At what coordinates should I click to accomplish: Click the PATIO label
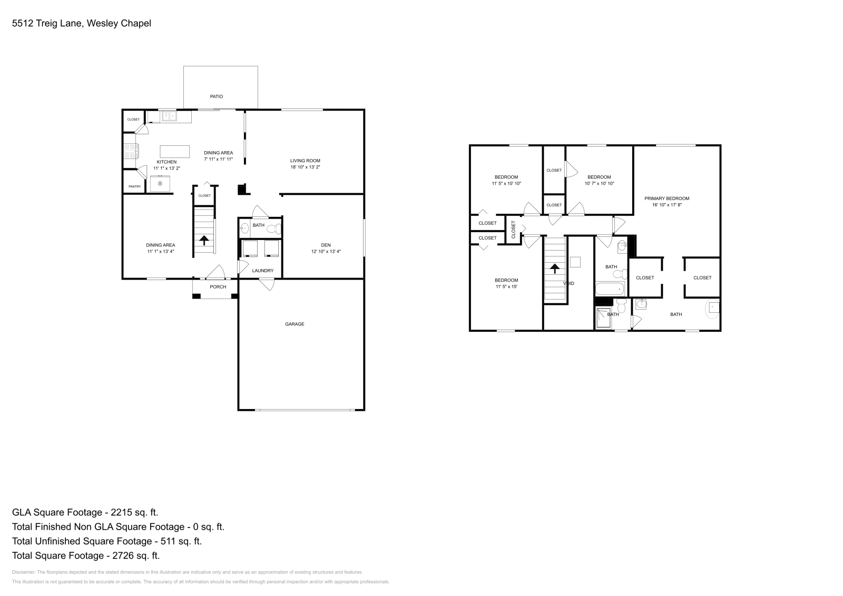tap(216, 96)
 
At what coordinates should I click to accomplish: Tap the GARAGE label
tap(295, 324)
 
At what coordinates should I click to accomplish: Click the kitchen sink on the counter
tap(169, 116)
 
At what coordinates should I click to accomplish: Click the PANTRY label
tap(134, 186)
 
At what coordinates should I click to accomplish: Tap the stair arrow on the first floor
tap(204, 240)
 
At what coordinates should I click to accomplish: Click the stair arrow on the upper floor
tap(554, 269)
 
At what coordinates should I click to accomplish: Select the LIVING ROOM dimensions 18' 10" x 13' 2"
tap(305, 167)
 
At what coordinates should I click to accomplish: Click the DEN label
tap(326, 245)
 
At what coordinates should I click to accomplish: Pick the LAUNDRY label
tap(262, 271)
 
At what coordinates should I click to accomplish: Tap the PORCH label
tap(218, 287)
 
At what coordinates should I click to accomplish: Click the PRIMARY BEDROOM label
tap(666, 198)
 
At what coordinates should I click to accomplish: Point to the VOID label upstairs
tap(569, 283)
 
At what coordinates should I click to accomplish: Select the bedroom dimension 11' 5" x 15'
tap(506, 287)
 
